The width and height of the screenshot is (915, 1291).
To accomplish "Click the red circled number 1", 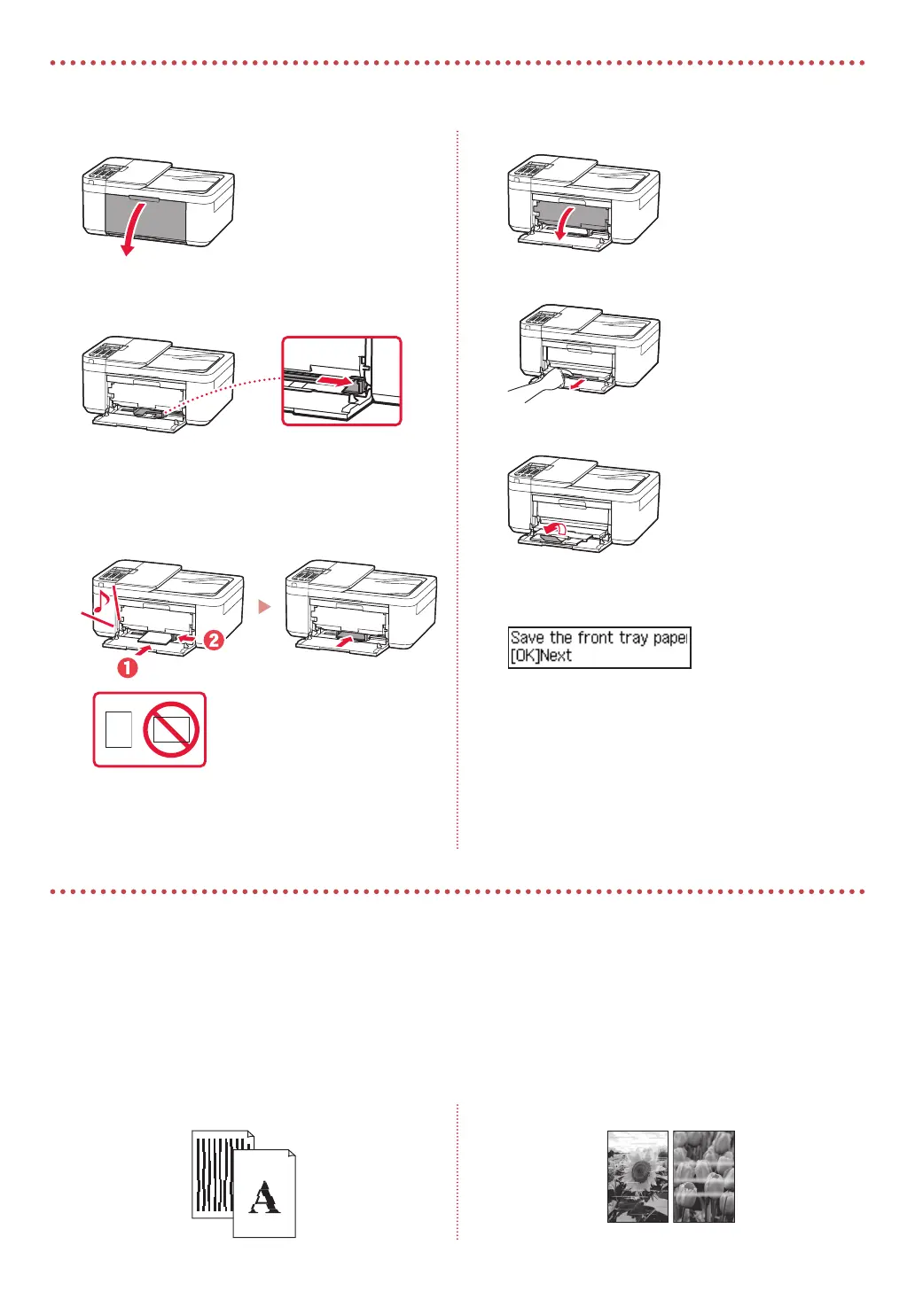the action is coord(129,668).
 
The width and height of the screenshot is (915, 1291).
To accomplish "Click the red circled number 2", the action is coord(214,640).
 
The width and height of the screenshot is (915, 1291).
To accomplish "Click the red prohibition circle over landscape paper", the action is coord(172,729).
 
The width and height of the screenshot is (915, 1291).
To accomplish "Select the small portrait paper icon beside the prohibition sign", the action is coord(118,729).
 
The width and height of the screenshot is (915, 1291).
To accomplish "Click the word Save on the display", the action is coord(528,638).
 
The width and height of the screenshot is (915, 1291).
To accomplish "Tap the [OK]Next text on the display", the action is coord(541,657).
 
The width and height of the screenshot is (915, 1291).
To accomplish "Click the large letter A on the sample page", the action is coord(264,1198).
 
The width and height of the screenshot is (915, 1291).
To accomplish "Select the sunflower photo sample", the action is coord(637,1177).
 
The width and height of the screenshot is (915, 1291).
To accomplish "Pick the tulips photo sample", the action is coord(704,1177).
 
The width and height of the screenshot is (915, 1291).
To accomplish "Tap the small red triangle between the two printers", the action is coord(263,607).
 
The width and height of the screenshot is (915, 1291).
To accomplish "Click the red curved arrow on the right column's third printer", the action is coord(554,528).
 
